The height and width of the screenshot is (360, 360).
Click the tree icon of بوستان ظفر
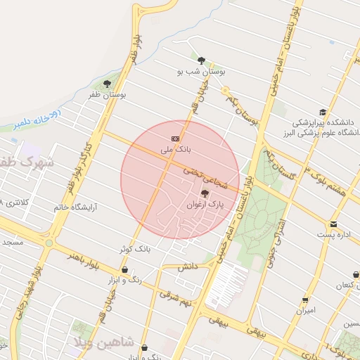click(107, 84)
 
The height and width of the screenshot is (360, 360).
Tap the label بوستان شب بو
click(202, 72)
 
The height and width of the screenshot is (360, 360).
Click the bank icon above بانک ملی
click(175, 139)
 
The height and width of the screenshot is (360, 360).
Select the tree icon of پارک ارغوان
click(205, 193)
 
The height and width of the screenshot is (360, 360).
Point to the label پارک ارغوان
click(205, 205)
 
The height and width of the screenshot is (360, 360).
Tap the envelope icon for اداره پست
click(333, 224)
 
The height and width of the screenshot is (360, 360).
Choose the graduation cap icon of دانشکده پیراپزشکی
click(323, 112)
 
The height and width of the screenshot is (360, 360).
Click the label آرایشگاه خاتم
click(75, 207)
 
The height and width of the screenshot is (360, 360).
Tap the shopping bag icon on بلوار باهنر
click(124, 269)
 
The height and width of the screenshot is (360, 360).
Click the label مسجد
click(12, 242)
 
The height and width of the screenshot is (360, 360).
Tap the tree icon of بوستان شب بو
click(202, 60)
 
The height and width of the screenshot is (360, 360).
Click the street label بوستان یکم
click(242, 112)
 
